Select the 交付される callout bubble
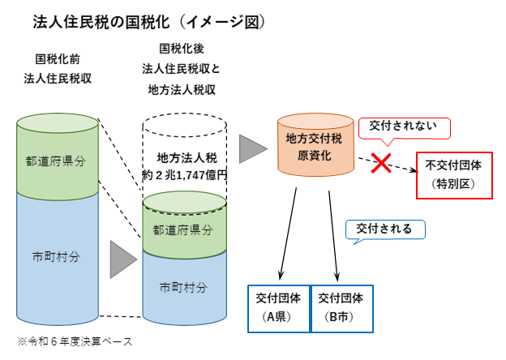coord(385,229)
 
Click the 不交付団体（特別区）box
coord(453,174)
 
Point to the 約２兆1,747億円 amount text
coord(183,174)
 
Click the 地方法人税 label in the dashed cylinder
coord(183,157)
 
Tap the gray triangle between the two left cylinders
coord(122,258)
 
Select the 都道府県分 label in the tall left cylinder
coord(56,160)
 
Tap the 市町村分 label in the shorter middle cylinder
coord(183,287)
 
